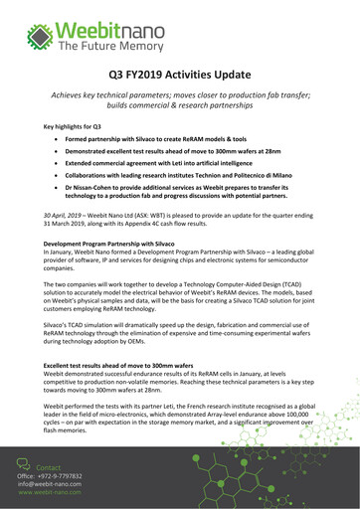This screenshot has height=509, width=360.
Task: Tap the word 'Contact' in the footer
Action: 49,466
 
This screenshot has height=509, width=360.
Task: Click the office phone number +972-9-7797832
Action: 61,476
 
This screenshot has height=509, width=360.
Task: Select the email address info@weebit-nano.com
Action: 50,485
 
